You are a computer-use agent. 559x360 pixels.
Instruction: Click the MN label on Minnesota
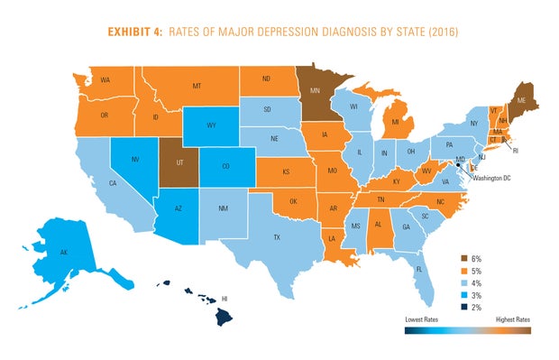[316, 92]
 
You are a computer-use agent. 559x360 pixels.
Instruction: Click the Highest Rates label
[512, 319]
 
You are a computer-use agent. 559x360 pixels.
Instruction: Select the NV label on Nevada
[135, 159]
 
